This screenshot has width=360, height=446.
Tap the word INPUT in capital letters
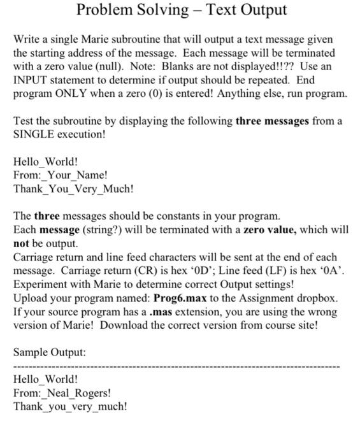[x=32, y=80]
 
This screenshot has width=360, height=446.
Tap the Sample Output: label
[x=50, y=352]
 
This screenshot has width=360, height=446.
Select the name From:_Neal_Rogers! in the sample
[x=62, y=392]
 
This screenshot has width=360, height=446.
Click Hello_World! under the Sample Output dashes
[x=45, y=379]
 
